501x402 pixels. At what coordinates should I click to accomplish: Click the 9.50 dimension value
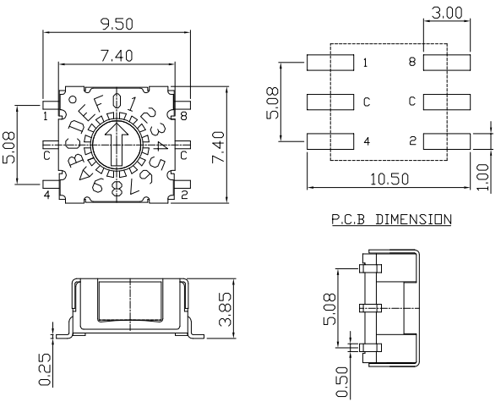[x=117, y=24]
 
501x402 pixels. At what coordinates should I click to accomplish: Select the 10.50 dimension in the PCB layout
[x=389, y=179]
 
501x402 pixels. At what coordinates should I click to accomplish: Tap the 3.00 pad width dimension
[x=447, y=14]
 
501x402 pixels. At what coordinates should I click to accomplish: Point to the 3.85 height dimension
[x=225, y=309]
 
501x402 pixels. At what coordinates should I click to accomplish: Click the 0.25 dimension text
[x=45, y=369]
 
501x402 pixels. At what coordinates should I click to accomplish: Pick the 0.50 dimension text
[x=341, y=383]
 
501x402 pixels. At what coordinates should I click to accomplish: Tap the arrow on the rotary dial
[x=117, y=145]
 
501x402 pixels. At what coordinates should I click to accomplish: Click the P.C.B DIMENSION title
[x=391, y=219]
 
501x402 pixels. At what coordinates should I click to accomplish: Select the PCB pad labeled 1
[x=330, y=63]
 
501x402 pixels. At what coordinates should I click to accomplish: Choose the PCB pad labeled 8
[x=447, y=63]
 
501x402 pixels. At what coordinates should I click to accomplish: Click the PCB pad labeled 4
[x=330, y=141]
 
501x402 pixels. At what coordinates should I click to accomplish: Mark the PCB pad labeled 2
[x=447, y=141]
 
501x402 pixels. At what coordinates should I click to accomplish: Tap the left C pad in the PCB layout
[x=330, y=102]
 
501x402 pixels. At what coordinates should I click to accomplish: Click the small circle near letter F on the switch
[x=74, y=100]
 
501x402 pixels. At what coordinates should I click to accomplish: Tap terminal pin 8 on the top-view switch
[x=183, y=105]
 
